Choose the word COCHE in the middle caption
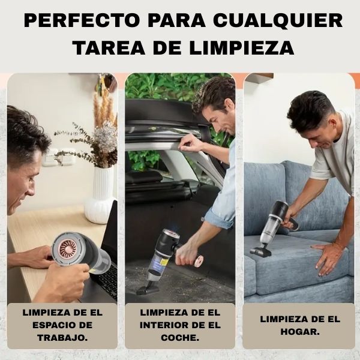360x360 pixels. pyautogui.click(x=180, y=337)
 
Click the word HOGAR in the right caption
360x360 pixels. pyautogui.click(x=299, y=331)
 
